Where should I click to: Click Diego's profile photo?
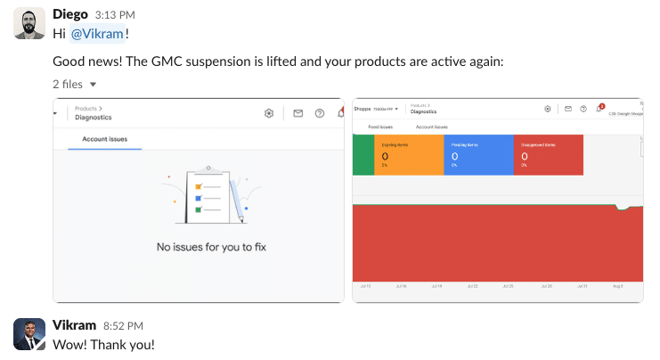tap(29, 23)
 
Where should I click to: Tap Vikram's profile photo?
tap(29, 334)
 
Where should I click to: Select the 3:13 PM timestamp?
tap(114, 14)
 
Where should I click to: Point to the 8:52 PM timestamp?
tap(123, 326)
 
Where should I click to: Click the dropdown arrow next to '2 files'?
tap(93, 84)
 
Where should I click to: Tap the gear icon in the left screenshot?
tap(269, 113)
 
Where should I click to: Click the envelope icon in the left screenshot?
tap(297, 113)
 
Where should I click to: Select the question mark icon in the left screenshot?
tap(319, 113)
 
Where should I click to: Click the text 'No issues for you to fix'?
tap(199, 247)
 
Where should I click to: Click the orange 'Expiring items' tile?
tap(407, 155)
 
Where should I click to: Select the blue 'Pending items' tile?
tap(477, 155)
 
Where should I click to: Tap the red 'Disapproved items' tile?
tap(548, 155)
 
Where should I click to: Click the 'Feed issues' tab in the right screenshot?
tap(380, 127)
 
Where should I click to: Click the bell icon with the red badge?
tap(600, 109)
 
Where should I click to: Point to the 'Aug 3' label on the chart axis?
tap(617, 286)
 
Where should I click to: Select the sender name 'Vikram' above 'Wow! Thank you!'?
tap(74, 325)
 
